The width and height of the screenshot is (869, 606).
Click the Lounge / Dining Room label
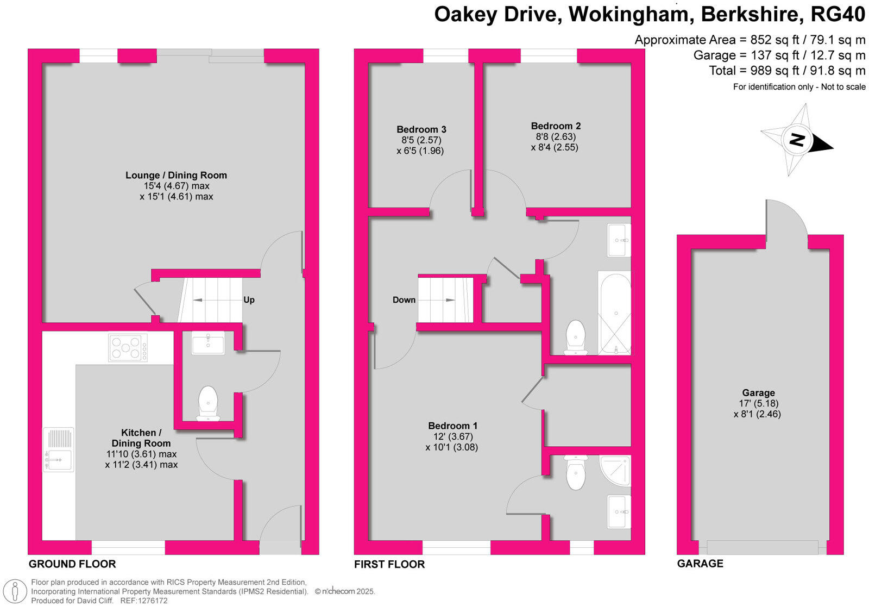[176, 175]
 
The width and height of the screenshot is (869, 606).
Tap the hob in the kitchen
[128, 348]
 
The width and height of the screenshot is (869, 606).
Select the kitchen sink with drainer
[58, 449]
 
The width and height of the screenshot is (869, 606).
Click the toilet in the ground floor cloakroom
[207, 403]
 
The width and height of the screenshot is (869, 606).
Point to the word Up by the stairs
[249, 300]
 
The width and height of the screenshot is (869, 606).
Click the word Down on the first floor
[404, 300]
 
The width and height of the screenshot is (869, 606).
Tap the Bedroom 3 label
[421, 129]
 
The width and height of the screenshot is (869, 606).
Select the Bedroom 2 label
[556, 126]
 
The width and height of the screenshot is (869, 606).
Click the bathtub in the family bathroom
[615, 313]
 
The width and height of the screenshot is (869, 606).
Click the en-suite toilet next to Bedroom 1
[575, 473]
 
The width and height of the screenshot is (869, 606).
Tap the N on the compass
[796, 140]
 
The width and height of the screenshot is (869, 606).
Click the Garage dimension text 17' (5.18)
[758, 403]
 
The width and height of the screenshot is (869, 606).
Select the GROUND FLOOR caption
[72, 564]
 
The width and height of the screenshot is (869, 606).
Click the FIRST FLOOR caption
[389, 564]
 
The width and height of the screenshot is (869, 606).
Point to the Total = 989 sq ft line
[786, 71]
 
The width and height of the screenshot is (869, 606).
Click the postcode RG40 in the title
[837, 15]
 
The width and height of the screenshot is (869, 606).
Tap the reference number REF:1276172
[143, 601]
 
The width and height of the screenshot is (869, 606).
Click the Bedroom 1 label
[452, 426]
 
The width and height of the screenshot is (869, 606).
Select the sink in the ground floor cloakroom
[208, 343]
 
